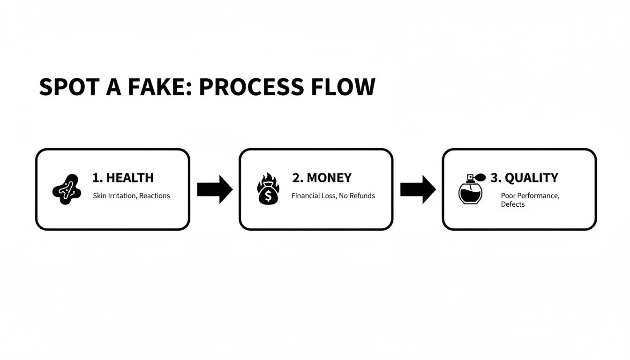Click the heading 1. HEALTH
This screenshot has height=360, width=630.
click(123, 178)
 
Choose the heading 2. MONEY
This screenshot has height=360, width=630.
click(322, 178)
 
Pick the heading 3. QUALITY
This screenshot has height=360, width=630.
click(524, 178)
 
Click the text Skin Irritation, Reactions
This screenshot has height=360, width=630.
click(131, 195)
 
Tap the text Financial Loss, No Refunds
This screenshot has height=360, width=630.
click(333, 195)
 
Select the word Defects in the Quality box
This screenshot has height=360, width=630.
click(512, 204)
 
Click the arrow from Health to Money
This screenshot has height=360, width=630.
click(214, 189)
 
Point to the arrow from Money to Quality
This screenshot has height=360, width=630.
click(418, 189)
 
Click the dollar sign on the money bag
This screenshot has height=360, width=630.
click(268, 196)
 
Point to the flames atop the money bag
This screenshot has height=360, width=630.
click(268, 180)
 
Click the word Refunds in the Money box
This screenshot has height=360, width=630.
click(362, 195)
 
